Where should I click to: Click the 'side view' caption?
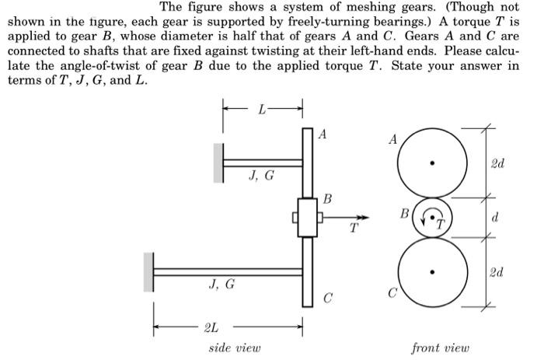235,348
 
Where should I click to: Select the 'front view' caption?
441,348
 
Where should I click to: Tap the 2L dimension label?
210,326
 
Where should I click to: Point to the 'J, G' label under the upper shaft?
261,175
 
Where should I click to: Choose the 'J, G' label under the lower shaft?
221,285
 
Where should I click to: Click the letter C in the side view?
327,297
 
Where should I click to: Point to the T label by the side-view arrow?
354,229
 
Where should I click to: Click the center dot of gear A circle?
433,163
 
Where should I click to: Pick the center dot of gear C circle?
433,272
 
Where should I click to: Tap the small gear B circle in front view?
433,218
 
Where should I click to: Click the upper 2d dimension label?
497,163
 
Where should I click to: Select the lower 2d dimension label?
497,272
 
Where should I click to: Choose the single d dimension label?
495,218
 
